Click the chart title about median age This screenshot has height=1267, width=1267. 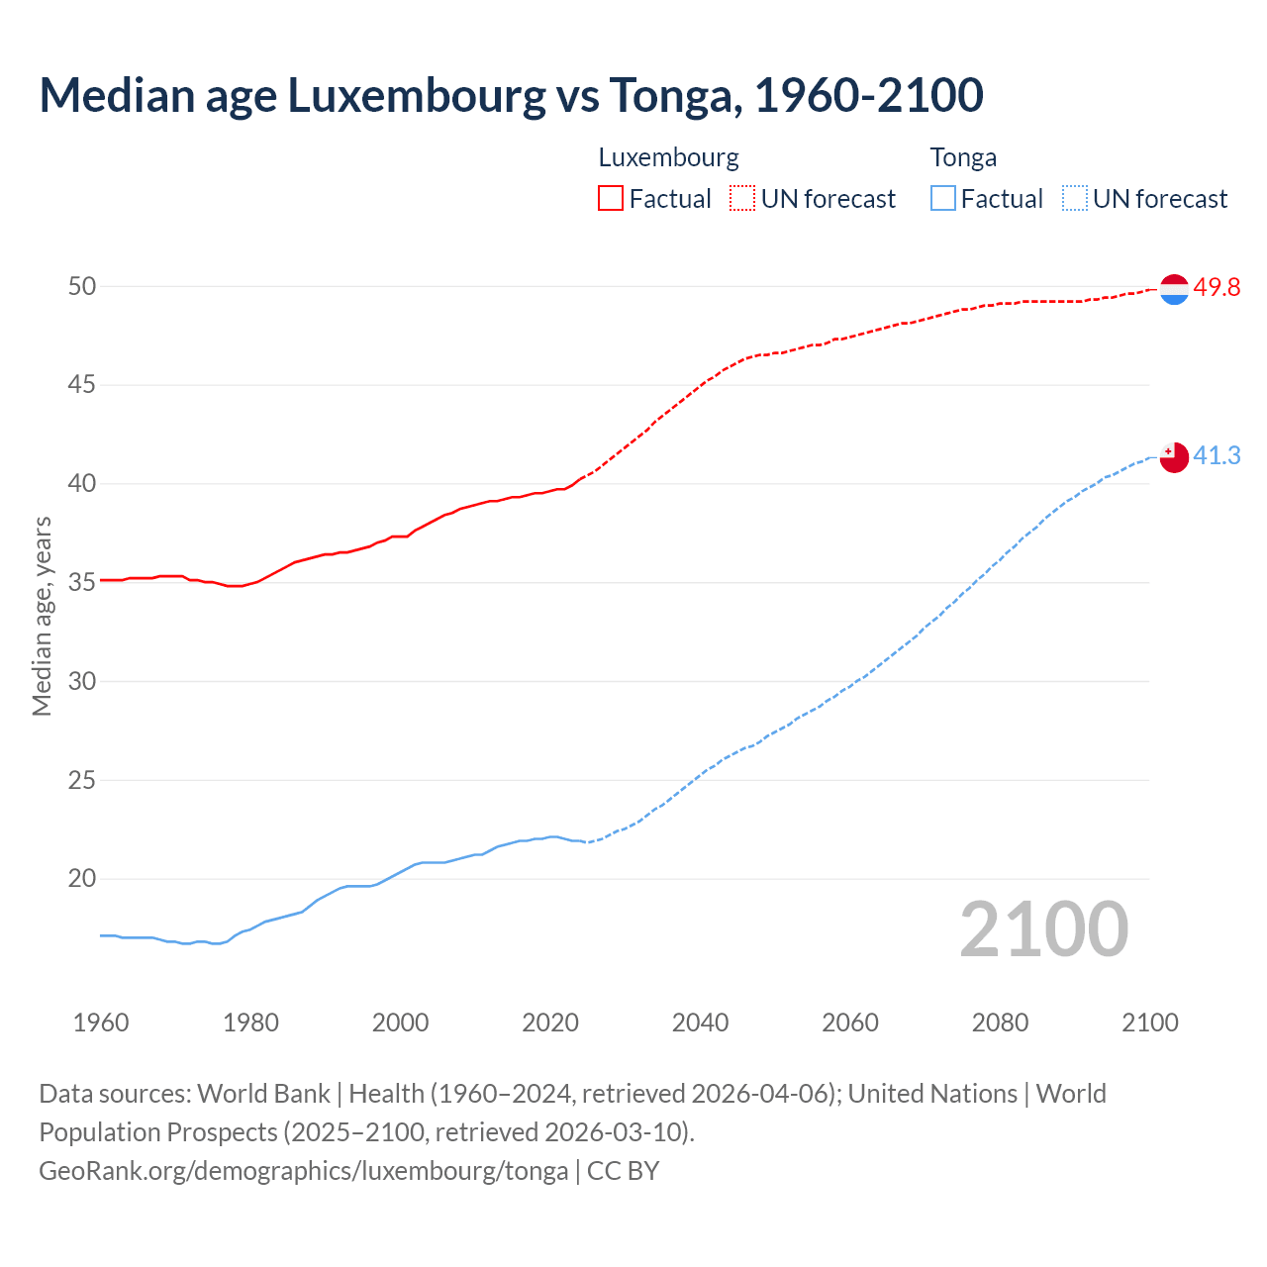coord(511,95)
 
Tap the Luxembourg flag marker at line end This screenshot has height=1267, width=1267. coord(1173,289)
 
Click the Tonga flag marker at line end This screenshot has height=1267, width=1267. coord(1173,457)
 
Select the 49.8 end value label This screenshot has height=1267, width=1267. coord(1217,287)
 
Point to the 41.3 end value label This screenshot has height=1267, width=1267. coord(1217,455)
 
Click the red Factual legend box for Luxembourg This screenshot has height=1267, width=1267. coord(611,198)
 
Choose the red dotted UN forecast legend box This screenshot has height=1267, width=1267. coord(742,198)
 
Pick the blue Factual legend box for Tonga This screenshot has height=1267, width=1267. coord(943,198)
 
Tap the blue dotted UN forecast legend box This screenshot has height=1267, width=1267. coord(1074,198)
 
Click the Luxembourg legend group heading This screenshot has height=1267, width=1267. coord(668,157)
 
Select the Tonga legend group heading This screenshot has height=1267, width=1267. coord(963,157)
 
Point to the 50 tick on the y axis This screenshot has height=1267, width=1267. coord(82,286)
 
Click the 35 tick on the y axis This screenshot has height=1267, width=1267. coord(82,582)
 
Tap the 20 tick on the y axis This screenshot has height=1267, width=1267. coord(82,878)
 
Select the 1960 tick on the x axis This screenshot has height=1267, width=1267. coord(101,1023)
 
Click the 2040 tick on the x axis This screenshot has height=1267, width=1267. coord(700,1023)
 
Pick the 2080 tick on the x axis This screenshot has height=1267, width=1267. coord(1000,1023)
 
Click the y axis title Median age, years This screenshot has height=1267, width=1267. coord(42,616)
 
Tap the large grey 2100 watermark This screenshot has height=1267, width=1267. coord(1043,929)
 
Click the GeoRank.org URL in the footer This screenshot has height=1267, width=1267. coord(303,1170)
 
